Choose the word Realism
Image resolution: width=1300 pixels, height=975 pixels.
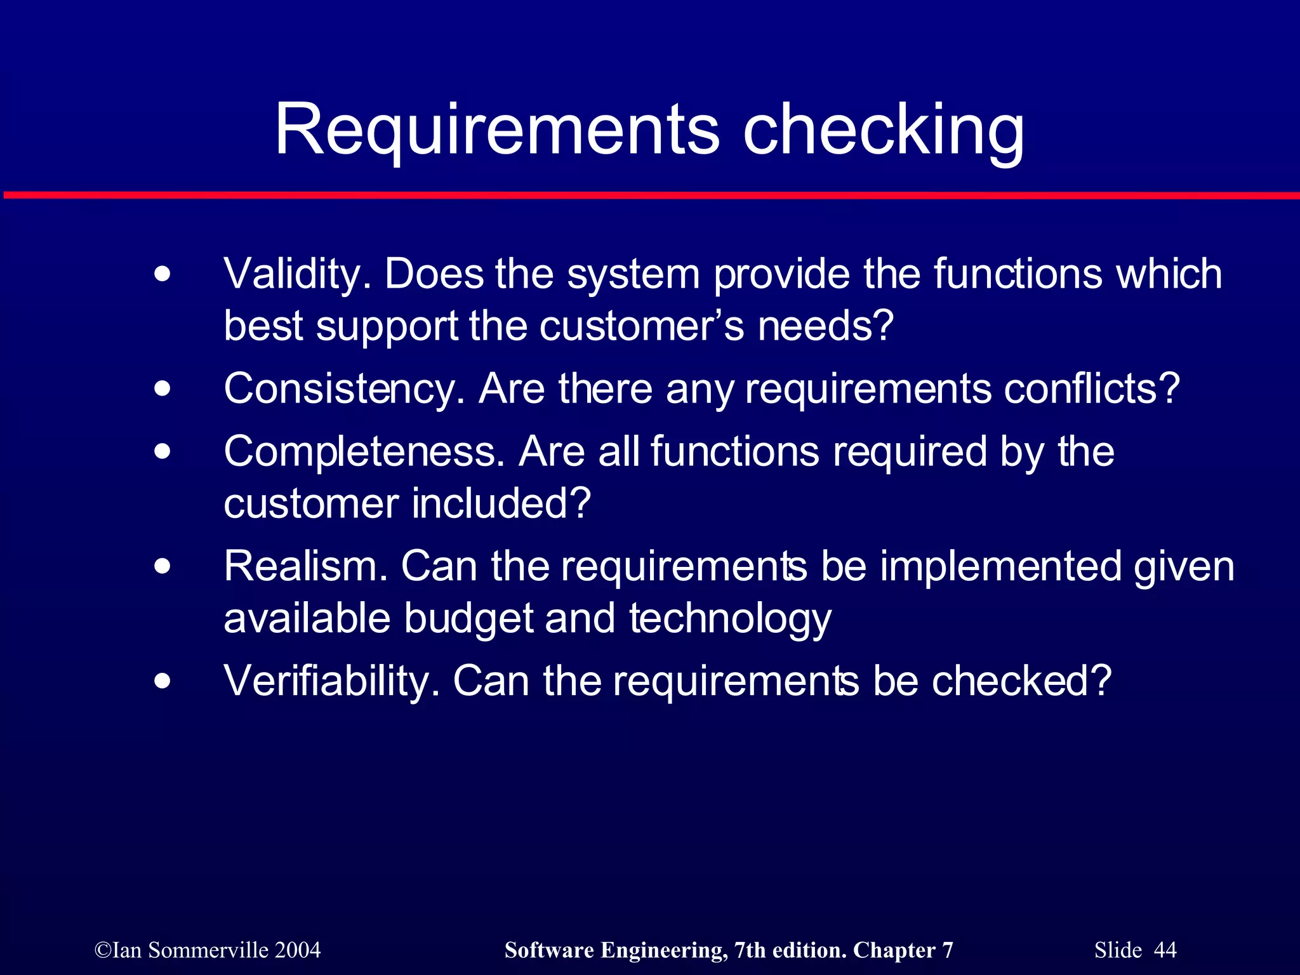305,566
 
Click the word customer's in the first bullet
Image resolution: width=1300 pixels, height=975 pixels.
642,327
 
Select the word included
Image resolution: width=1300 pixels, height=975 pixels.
501,504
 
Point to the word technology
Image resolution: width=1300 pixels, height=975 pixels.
730,619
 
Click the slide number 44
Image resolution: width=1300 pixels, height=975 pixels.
1165,950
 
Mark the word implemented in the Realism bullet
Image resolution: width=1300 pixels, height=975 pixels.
1000,566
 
